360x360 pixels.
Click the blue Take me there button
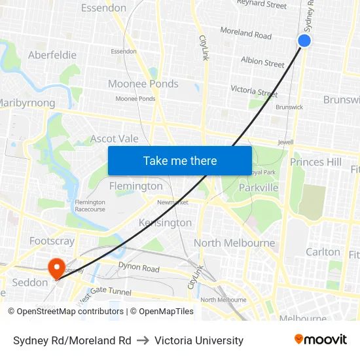pyautogui.click(x=180, y=160)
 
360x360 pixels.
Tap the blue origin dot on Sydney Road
pyautogui.click(x=304, y=41)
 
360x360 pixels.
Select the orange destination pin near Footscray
pyautogui.click(x=56, y=267)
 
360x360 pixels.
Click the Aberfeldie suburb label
pyautogui.click(x=52, y=55)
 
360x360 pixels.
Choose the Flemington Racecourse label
pyautogui.click(x=90, y=206)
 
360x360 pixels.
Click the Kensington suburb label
pyautogui.click(x=165, y=223)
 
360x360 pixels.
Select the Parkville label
pyautogui.click(x=259, y=188)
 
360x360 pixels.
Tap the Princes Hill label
pyautogui.click(x=316, y=162)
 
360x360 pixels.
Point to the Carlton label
pyautogui.click(x=323, y=251)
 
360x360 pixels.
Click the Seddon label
pyautogui.click(x=30, y=282)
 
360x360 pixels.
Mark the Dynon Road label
pyautogui.click(x=139, y=268)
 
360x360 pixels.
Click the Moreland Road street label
pyautogui.click(x=245, y=33)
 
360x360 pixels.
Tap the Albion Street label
pyautogui.click(x=262, y=63)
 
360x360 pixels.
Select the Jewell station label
pyautogui.click(x=286, y=141)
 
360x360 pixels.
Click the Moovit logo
pyautogui.click(x=321, y=340)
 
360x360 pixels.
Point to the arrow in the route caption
pyautogui.click(x=143, y=340)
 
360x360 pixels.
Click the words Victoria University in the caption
pyautogui.click(x=199, y=340)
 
